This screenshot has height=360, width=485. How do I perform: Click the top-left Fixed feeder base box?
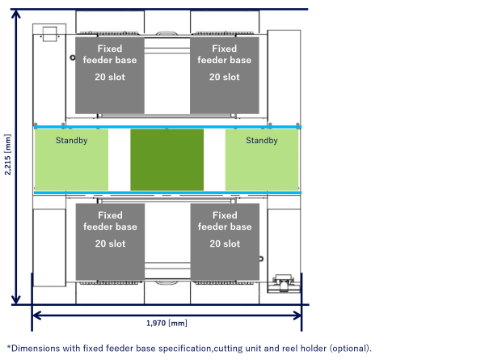point(109,74)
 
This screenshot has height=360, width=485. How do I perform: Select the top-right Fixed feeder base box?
point(225,74)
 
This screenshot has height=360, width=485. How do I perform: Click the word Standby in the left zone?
point(71,141)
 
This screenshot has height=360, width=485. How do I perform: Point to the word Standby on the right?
point(261,141)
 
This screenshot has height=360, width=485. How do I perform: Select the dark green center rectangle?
point(167,159)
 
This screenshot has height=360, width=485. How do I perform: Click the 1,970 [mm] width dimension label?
point(167,323)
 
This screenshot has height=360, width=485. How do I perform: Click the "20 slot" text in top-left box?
point(110,77)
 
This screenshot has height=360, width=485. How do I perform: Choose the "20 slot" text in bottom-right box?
point(225,244)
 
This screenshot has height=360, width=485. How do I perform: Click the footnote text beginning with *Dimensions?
point(188,348)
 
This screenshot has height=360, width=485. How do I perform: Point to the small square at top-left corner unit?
point(49,33)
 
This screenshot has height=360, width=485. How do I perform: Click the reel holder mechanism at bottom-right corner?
point(284,282)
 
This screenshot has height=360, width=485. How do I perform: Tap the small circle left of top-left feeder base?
point(71,57)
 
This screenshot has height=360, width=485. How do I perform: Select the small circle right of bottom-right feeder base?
point(262,259)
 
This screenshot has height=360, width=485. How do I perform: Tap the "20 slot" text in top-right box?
point(225,77)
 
